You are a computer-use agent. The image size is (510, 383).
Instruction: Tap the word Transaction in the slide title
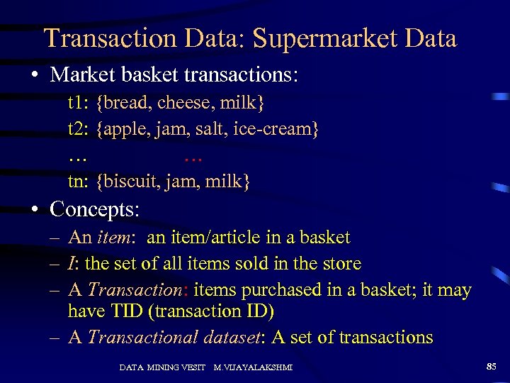point(104,38)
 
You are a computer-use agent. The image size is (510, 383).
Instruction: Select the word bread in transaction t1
point(127,104)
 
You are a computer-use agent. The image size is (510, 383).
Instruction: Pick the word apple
point(124,129)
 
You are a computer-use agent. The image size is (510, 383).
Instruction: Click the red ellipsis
point(193,155)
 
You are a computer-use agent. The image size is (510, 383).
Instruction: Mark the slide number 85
point(491,366)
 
